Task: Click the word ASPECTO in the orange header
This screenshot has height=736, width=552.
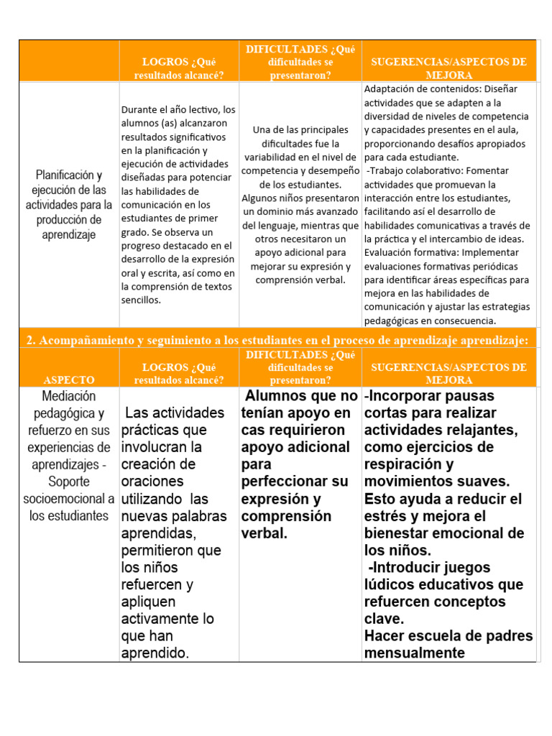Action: click(x=69, y=379)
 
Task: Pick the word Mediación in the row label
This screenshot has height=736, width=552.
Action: click(x=69, y=396)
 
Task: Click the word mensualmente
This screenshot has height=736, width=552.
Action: click(x=415, y=653)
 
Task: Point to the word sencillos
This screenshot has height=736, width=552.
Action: click(x=142, y=300)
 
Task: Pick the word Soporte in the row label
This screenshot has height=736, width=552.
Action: click(x=69, y=482)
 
